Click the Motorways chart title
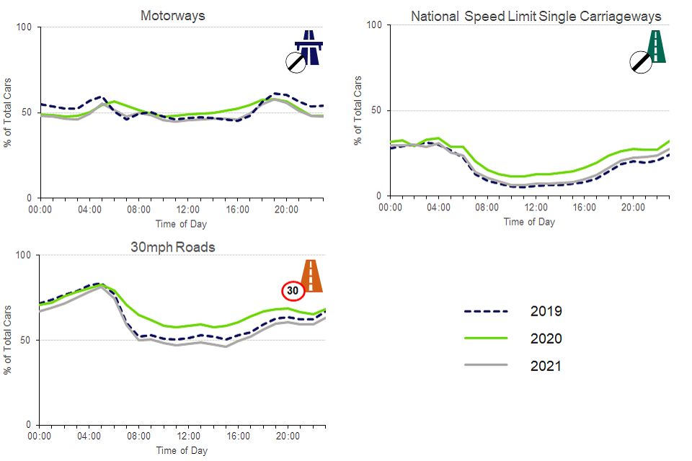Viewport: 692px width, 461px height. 173,15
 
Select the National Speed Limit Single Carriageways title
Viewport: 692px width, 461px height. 536,16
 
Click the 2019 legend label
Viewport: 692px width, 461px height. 546,311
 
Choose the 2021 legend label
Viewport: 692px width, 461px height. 546,366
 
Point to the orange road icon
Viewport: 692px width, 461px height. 311,275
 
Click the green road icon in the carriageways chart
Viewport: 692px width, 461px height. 657,45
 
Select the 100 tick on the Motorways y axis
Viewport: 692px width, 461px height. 25,27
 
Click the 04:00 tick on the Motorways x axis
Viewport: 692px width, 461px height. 89,210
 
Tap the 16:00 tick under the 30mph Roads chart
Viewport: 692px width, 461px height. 237,437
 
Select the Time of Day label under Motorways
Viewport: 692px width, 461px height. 181,223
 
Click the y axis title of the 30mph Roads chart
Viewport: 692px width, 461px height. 8,340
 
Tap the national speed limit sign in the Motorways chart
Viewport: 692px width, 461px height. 296,63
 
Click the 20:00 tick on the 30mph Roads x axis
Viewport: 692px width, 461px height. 287,437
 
